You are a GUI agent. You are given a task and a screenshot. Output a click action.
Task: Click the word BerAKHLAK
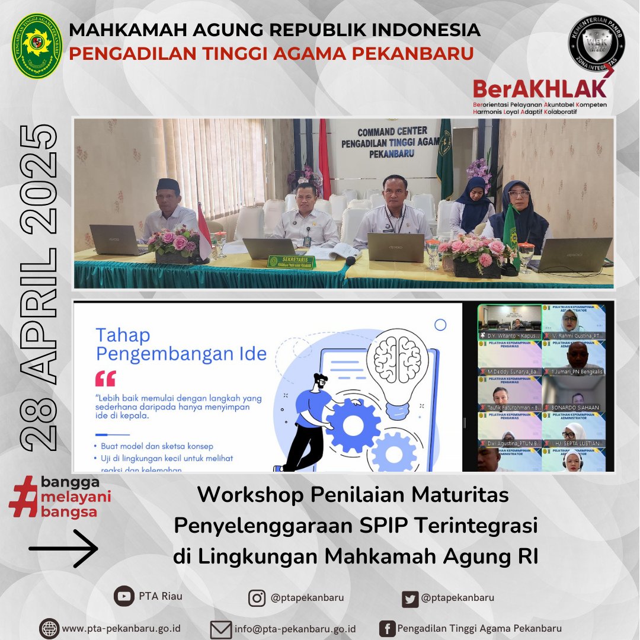(539, 89)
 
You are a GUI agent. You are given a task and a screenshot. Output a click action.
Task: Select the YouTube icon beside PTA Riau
(124, 597)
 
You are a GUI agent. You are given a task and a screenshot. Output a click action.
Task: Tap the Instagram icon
(257, 599)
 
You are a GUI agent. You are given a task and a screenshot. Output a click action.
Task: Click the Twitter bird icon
(409, 599)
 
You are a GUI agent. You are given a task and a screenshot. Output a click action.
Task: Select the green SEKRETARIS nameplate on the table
(290, 261)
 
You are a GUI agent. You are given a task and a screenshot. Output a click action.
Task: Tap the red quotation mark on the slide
(105, 378)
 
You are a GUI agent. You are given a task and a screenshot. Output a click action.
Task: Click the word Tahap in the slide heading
(122, 335)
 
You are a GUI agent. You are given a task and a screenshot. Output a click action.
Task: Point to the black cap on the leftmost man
(168, 185)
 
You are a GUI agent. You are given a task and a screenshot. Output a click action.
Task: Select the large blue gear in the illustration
(353, 425)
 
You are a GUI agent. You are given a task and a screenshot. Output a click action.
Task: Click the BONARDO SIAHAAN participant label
(574, 408)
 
